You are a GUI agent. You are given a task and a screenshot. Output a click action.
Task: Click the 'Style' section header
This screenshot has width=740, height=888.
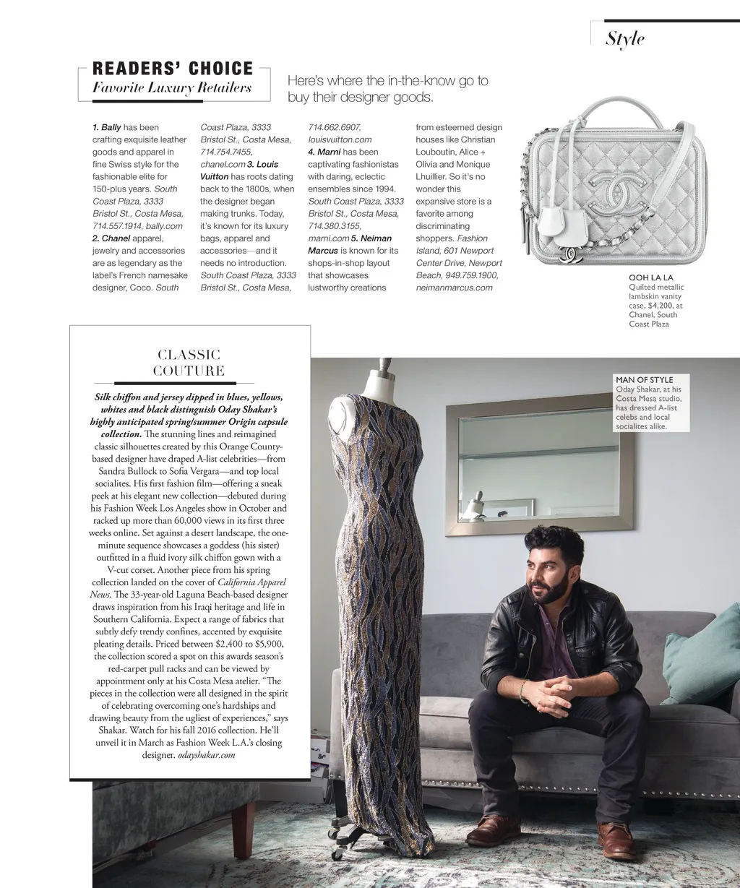(625, 38)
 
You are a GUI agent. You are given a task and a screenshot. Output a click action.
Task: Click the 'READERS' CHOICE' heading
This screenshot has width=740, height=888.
(173, 69)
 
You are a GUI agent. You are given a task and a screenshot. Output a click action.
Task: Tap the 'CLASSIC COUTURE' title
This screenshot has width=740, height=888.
(189, 363)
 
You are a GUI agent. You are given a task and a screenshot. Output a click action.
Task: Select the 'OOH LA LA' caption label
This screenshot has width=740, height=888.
(651, 277)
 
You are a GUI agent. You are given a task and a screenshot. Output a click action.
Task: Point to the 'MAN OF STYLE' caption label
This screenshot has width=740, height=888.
(644, 379)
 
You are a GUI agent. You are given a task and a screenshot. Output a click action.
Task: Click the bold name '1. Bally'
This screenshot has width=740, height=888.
(106, 128)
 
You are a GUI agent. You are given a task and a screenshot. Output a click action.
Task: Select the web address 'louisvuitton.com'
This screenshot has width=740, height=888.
(340, 140)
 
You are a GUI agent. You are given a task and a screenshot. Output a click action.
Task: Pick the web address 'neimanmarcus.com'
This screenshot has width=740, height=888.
(454, 288)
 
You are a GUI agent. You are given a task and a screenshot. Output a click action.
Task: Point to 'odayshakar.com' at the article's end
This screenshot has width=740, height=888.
(207, 755)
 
